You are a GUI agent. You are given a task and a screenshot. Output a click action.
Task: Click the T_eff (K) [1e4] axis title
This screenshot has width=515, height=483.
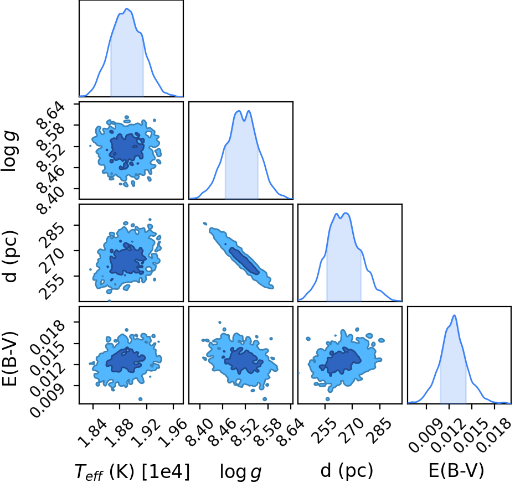(x=132, y=472)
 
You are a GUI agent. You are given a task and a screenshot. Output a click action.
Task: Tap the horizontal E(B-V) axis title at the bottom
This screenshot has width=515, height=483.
(x=456, y=471)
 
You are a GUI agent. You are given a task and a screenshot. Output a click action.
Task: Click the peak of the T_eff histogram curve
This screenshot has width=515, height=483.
(x=127, y=8)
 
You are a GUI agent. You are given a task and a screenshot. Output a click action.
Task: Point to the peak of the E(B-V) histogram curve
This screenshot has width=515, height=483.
(x=455, y=315)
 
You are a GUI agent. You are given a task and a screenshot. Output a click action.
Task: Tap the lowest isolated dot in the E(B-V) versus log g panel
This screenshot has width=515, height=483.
(x=265, y=399)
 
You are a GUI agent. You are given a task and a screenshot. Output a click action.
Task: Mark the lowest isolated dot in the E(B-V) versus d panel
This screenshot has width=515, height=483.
(x=327, y=399)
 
